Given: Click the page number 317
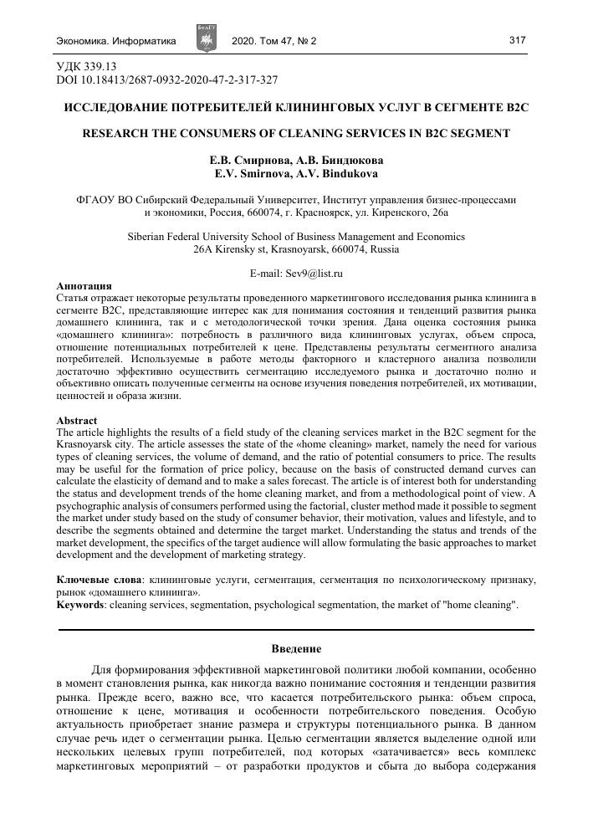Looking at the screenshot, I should pyautogui.click(x=516, y=40).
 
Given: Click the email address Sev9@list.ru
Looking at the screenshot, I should pyautogui.click(x=296, y=274).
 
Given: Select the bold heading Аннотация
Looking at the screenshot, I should pyautogui.click(x=84, y=286).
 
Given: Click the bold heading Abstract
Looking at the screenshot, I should pyautogui.click(x=76, y=420).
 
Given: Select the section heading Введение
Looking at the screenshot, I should pyautogui.click(x=296, y=649).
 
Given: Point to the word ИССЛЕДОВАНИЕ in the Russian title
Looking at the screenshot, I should pyautogui.click(x=116, y=108).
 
